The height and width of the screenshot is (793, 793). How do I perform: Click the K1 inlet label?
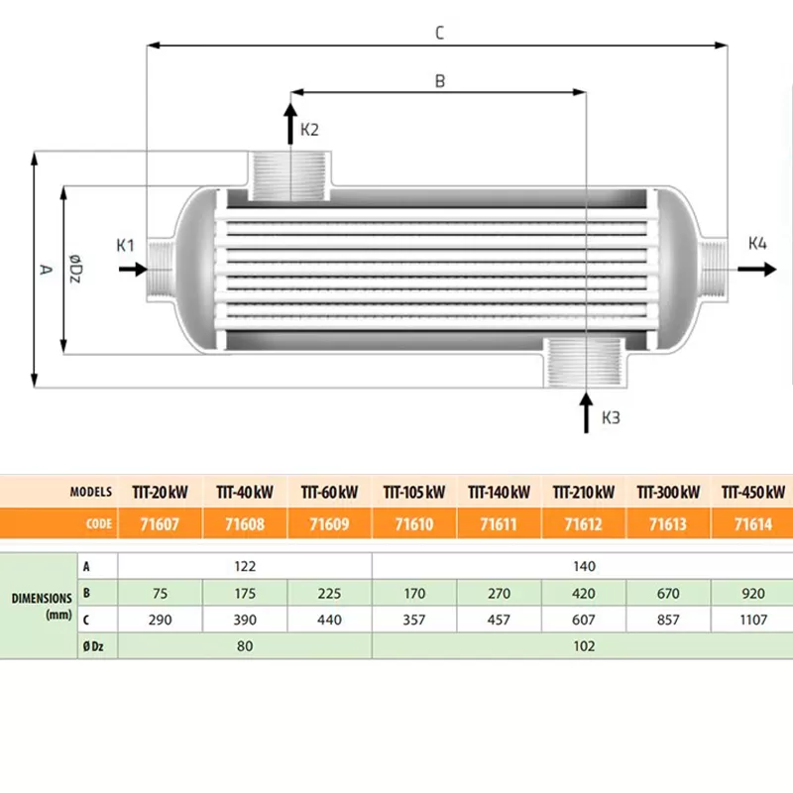(125, 245)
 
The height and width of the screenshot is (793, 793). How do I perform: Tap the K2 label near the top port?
(310, 130)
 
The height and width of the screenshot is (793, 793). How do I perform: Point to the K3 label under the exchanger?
(611, 418)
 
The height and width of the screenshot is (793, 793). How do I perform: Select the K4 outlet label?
(757, 244)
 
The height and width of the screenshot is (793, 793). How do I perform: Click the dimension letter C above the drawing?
(439, 33)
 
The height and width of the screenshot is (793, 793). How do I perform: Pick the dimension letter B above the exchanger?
(440, 81)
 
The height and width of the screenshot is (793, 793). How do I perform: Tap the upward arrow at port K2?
(290, 115)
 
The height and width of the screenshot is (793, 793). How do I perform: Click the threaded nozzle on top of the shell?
(290, 175)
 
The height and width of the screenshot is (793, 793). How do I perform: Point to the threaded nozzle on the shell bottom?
(584, 361)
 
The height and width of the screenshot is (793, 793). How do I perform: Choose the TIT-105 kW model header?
(414, 492)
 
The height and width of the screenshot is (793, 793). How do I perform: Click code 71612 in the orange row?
(584, 522)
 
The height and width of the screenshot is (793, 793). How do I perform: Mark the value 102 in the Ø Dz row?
(584, 645)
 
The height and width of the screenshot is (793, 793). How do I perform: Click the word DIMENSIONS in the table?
(41, 599)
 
